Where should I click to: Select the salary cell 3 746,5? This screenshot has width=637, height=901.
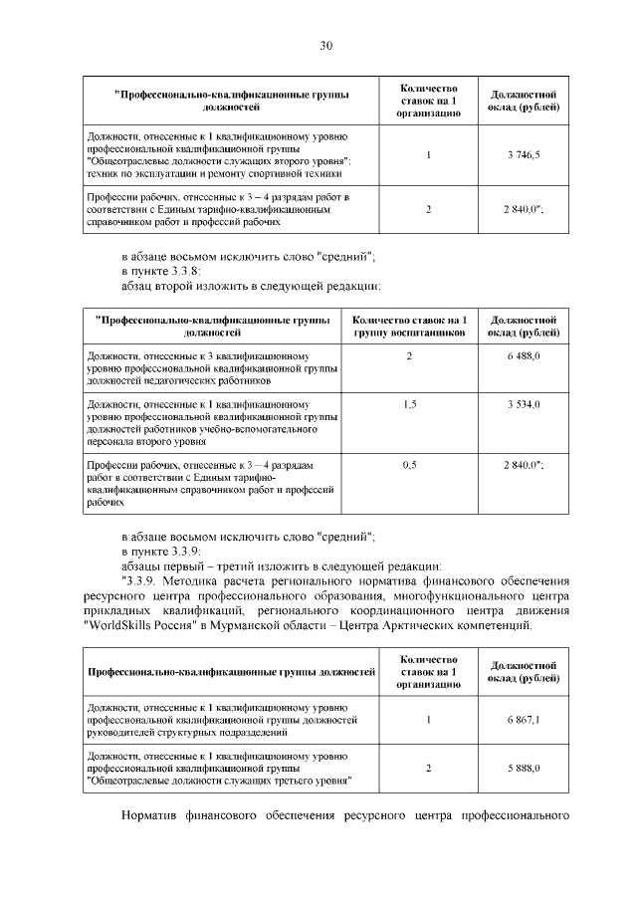pos(523,154)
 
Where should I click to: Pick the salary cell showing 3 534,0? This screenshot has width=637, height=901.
pos(523,405)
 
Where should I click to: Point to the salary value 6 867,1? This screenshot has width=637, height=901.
pos(523,719)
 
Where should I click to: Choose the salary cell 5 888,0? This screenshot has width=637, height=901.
pos(523,768)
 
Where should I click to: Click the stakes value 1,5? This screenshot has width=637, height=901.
pos(409,405)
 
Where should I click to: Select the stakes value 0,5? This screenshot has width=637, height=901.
pos(409,464)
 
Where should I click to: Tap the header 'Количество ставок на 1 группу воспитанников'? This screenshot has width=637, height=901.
pos(409,327)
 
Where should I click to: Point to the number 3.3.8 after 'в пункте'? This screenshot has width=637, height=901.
pos(180,271)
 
